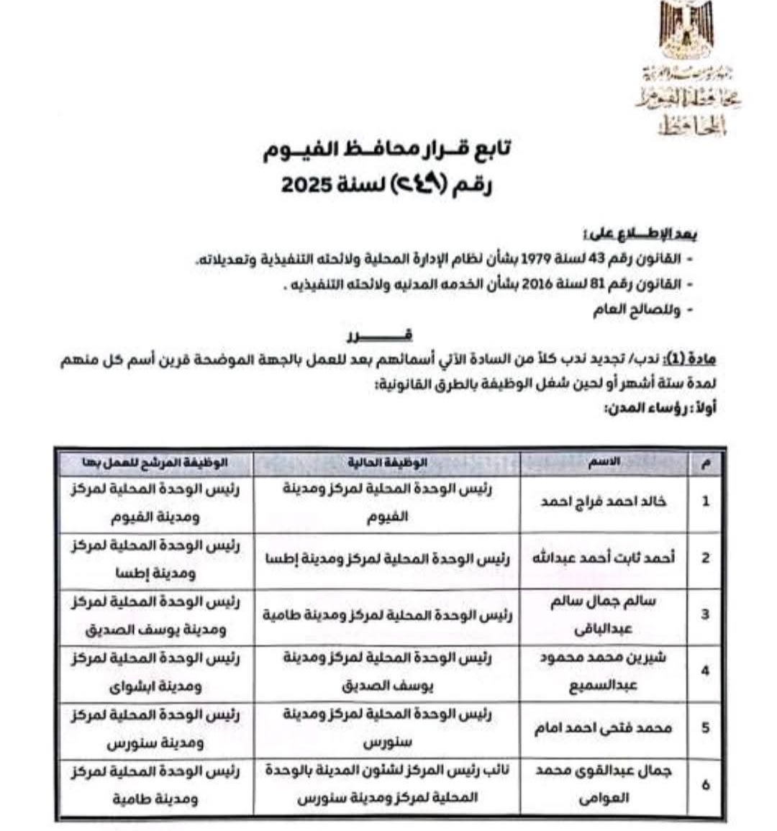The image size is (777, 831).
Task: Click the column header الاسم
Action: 604,463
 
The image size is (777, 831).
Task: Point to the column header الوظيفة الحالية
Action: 387,463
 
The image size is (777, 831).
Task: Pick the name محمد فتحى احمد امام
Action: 603,728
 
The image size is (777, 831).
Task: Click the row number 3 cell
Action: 705,614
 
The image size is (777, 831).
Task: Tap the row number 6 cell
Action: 705,784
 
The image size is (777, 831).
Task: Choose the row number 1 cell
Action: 705,501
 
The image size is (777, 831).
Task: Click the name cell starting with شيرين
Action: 603,671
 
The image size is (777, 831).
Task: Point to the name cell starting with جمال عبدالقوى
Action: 603,784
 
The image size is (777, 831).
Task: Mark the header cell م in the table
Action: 705,463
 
